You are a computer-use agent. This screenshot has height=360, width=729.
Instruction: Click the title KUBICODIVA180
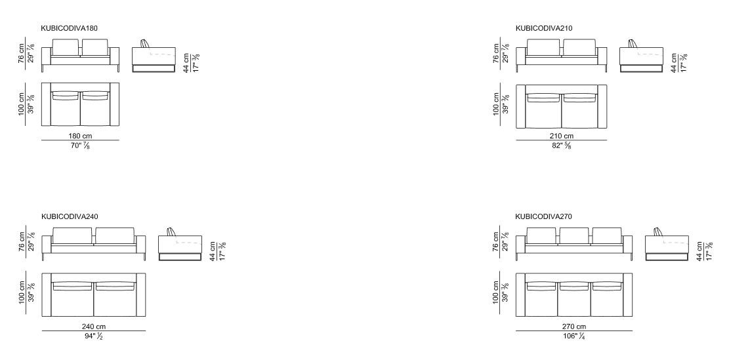click(x=70, y=28)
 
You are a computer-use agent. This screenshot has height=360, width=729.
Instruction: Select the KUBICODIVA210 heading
click(x=544, y=28)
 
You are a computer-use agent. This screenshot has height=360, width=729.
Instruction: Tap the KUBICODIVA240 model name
click(x=70, y=216)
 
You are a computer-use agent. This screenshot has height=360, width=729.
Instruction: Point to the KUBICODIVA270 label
click(x=543, y=216)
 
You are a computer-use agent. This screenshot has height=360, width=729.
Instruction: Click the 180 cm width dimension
click(x=81, y=136)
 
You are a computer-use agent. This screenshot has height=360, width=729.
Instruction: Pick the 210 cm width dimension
click(x=562, y=136)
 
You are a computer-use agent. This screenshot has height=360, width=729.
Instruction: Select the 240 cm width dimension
click(x=94, y=327)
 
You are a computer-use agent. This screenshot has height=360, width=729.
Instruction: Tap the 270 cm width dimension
click(x=574, y=327)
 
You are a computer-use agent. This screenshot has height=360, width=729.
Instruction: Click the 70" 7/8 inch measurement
click(x=81, y=146)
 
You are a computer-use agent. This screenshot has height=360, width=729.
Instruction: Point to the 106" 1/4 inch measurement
click(x=574, y=336)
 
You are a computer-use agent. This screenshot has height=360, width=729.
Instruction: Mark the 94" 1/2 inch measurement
click(x=94, y=336)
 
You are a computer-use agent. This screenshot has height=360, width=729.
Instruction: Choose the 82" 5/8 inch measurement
click(x=562, y=146)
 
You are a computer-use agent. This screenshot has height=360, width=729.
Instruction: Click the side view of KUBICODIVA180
click(x=154, y=56)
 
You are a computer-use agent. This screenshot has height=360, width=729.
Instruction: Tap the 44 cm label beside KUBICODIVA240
click(x=213, y=251)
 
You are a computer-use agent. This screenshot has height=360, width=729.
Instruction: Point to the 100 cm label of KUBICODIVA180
click(x=22, y=104)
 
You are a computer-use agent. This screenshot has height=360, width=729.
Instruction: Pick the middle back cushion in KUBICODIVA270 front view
click(x=573, y=235)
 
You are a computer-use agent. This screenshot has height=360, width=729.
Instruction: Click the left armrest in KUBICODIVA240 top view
click(x=47, y=294)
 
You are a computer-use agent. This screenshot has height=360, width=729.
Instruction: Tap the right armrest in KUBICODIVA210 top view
click(x=602, y=106)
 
